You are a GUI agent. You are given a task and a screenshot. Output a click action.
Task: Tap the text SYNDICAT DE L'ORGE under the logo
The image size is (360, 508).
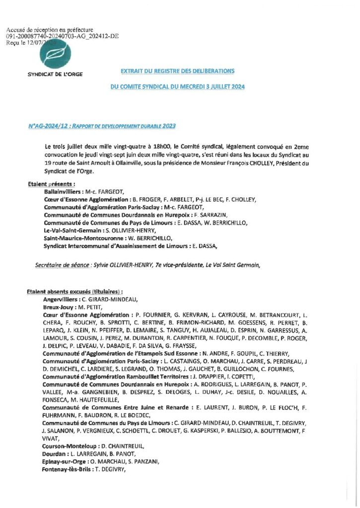(55, 74)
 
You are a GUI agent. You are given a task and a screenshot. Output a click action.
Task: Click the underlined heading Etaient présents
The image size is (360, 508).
(48, 184)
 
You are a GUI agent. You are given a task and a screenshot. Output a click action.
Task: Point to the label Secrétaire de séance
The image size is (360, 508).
(62, 265)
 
